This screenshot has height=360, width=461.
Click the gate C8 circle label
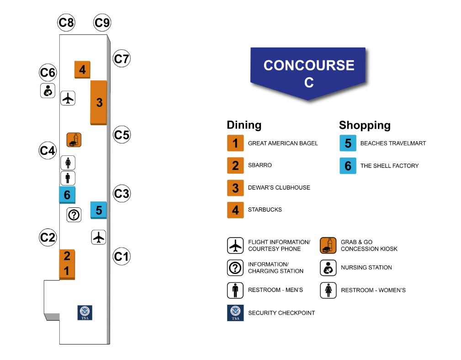(66, 22)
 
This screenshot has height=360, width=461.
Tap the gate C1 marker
(122, 256)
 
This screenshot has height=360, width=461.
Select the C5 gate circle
(122, 135)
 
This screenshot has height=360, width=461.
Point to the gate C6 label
(48, 72)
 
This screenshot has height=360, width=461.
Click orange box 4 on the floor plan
(82, 69)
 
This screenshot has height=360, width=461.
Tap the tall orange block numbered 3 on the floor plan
(99, 102)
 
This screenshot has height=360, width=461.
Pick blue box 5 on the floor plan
(99, 210)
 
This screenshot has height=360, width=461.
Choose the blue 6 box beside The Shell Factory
(348, 166)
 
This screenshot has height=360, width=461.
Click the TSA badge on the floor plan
(85, 312)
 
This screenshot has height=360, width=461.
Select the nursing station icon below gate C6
(48, 90)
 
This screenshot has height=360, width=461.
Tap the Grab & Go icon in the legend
(328, 245)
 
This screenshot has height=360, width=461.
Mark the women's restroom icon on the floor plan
(68, 163)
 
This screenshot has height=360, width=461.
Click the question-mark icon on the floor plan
(74, 215)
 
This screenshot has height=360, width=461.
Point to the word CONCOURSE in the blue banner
(309, 65)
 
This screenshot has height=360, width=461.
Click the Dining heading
(244, 125)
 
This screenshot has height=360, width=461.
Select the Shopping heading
(365, 125)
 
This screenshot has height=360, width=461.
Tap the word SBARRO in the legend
(260, 165)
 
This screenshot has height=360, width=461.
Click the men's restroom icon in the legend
(235, 291)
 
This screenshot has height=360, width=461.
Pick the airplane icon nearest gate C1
(99, 237)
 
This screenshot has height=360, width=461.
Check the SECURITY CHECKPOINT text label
(281, 313)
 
